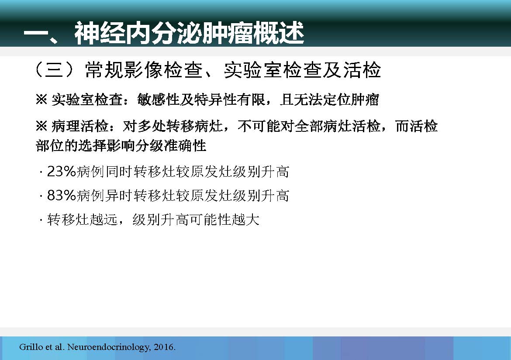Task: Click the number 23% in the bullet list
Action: point(62,171)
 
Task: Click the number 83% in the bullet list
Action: point(62,195)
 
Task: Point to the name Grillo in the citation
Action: point(31,346)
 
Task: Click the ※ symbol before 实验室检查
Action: point(42,99)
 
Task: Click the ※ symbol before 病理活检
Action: point(42,126)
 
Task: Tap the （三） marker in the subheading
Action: point(54,70)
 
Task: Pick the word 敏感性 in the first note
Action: point(159,99)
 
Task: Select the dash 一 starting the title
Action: point(36,34)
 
